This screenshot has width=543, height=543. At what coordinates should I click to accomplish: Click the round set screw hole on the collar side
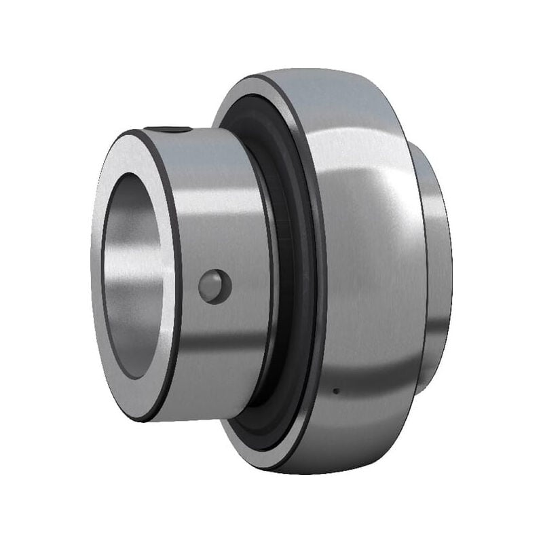point(214,286)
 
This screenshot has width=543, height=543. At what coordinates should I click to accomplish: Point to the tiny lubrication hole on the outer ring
point(336,390)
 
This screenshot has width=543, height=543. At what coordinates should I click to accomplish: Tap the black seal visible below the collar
point(258,421)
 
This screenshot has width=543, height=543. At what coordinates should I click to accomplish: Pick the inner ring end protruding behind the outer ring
point(438,271)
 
